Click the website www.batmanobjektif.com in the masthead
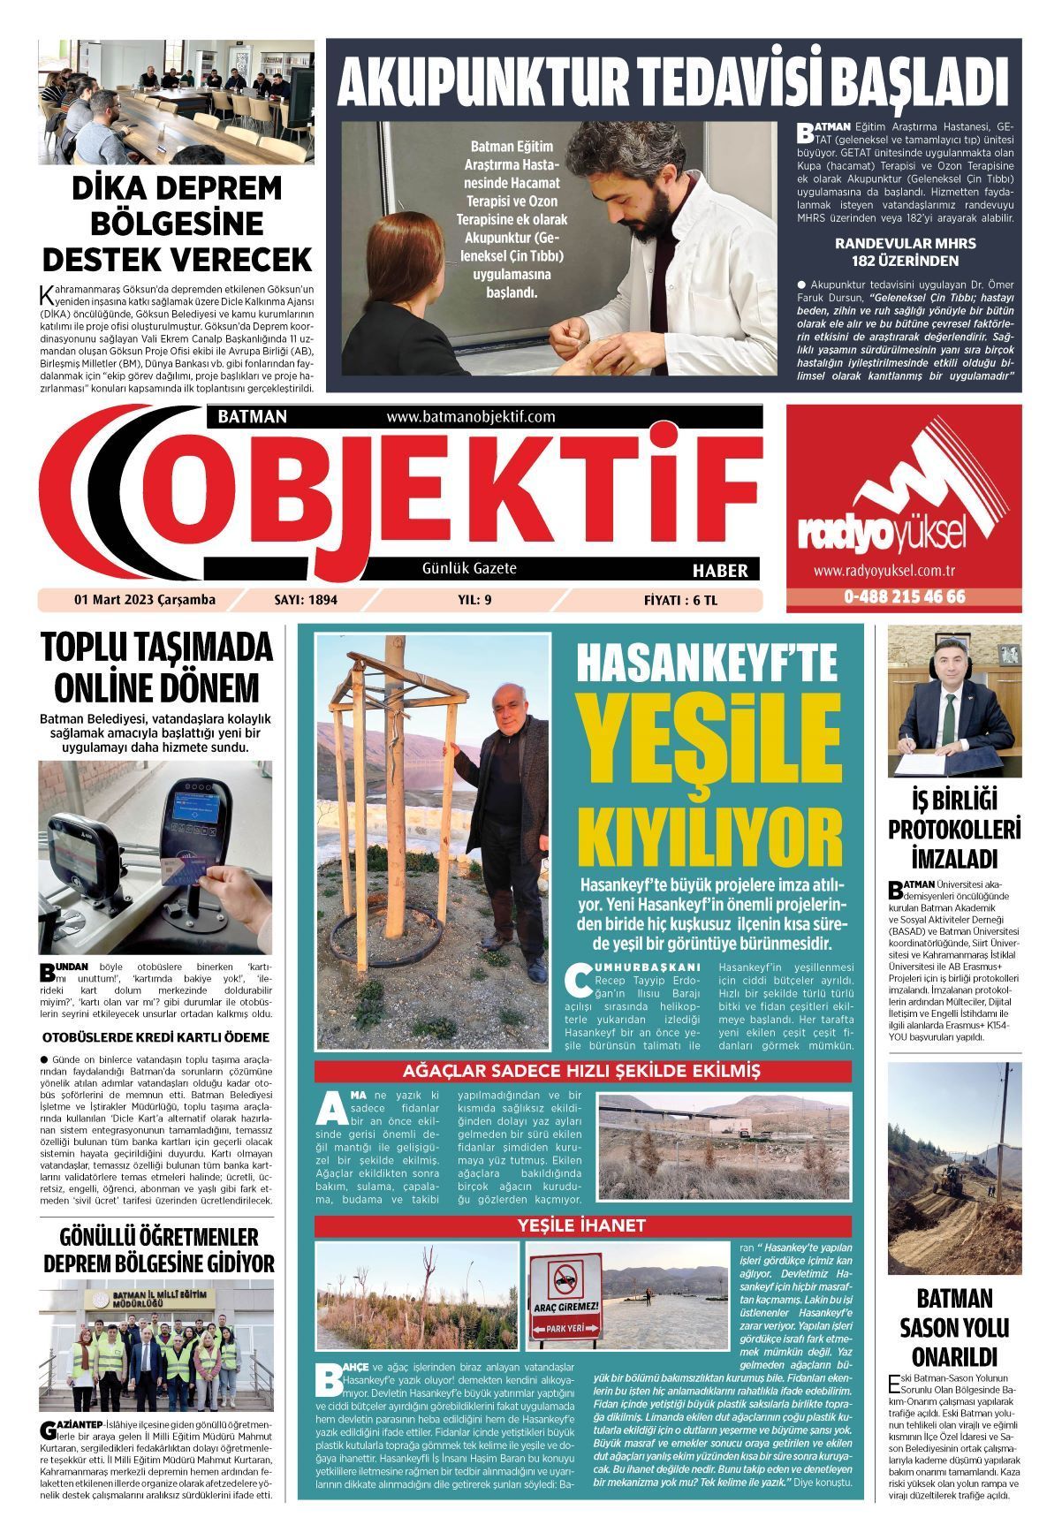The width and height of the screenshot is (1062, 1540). [x=470, y=416]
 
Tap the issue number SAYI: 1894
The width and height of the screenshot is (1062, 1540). [x=306, y=600]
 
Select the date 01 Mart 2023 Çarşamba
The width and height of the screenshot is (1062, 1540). [x=145, y=600]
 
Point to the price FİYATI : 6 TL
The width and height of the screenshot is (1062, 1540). [x=681, y=600]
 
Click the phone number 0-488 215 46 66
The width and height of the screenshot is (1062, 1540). [x=904, y=597]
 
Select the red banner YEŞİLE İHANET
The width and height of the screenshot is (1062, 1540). [x=582, y=1225]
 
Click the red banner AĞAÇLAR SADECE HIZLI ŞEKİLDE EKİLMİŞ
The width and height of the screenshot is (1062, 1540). [x=582, y=1072]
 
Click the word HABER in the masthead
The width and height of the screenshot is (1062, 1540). [x=720, y=570]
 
